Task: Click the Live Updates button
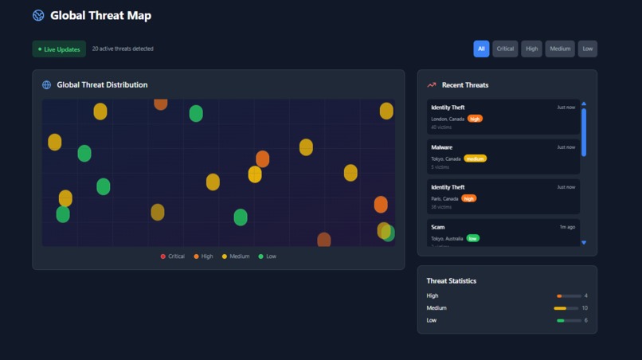59,49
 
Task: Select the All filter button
481,49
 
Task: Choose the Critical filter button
505,49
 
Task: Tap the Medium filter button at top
560,49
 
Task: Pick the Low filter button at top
587,49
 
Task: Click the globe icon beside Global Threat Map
38,15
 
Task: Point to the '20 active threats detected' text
123,49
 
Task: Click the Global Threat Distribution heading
102,85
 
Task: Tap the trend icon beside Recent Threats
432,85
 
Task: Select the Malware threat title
441,147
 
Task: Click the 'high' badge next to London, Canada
475,119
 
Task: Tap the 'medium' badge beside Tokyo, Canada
475,158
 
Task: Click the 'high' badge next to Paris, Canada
468,198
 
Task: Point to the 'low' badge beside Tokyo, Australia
473,238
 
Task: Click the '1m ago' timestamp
566,227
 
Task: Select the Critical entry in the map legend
173,256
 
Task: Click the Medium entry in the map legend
236,256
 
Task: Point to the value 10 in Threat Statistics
585,308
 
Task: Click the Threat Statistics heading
452,281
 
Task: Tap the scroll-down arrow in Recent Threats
584,242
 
